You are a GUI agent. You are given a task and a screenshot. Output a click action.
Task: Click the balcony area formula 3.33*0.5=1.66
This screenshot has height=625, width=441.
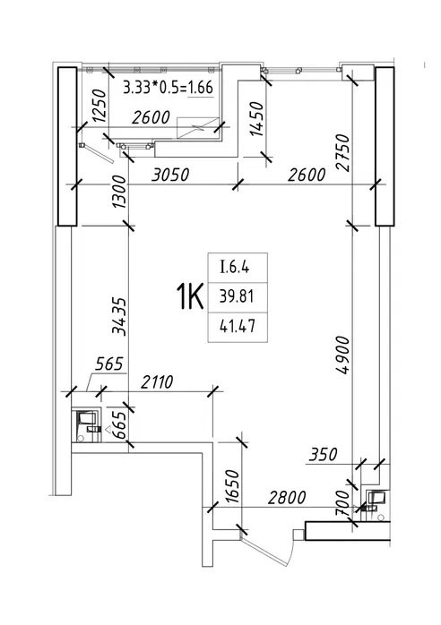pyautogui.click(x=168, y=87)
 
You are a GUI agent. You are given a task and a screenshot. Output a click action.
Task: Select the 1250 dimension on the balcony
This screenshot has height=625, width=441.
pyautogui.click(x=99, y=106)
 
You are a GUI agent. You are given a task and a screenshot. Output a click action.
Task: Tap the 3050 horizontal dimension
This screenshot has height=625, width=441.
pyautogui.click(x=170, y=175)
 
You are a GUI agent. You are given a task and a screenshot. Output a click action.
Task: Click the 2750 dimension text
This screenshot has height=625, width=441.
pyautogui.click(x=342, y=153)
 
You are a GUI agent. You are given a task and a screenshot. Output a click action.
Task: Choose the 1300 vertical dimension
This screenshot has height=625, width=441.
pyautogui.click(x=119, y=193)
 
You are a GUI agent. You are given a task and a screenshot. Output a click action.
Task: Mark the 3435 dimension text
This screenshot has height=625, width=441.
pyautogui.click(x=119, y=316)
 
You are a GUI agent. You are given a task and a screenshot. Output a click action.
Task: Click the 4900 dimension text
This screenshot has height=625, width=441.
pyautogui.click(x=342, y=355)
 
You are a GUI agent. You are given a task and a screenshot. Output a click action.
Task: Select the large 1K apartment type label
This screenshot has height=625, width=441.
pyautogui.click(x=190, y=296)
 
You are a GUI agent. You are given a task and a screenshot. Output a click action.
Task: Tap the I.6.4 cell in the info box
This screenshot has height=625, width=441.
pyautogui.click(x=235, y=267)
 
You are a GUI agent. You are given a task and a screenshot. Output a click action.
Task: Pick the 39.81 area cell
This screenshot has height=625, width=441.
pyautogui.click(x=237, y=296)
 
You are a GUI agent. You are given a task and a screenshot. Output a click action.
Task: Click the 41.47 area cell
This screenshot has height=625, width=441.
pyautogui.click(x=237, y=327)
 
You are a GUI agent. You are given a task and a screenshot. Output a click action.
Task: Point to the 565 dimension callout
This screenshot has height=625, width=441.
pyautogui.click(x=109, y=364)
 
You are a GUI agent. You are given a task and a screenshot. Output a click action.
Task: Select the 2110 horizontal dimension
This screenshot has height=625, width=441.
pyautogui.click(x=157, y=381)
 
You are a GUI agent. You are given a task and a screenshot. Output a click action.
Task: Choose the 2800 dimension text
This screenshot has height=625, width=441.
pyautogui.click(x=287, y=498)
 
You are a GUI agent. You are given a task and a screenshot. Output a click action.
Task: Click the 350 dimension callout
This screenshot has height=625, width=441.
pyautogui.click(x=323, y=454)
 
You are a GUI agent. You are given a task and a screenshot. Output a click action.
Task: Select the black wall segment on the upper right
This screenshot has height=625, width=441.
pyautogui.click(x=385, y=146)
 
